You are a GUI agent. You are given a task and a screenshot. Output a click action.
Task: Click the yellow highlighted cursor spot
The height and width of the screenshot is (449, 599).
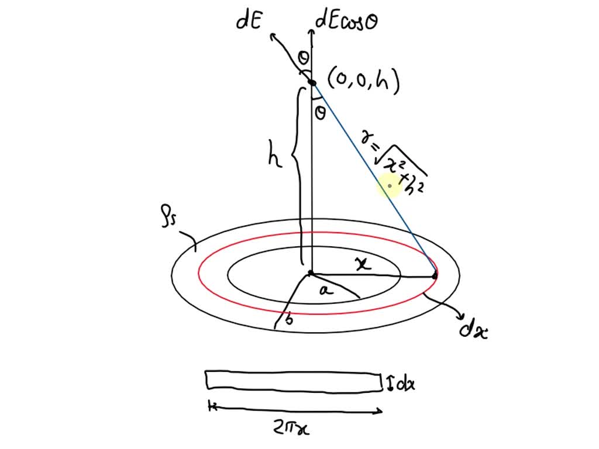coord(389,186)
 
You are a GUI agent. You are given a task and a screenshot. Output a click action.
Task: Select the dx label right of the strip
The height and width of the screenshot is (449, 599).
coord(404,385)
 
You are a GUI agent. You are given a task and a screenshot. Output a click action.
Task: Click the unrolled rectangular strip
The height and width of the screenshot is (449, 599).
coord(292,379)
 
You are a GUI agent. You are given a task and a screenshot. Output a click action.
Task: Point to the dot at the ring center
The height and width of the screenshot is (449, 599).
coord(311,273)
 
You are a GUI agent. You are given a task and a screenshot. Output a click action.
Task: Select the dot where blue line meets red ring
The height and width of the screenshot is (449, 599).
coord(435,275)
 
